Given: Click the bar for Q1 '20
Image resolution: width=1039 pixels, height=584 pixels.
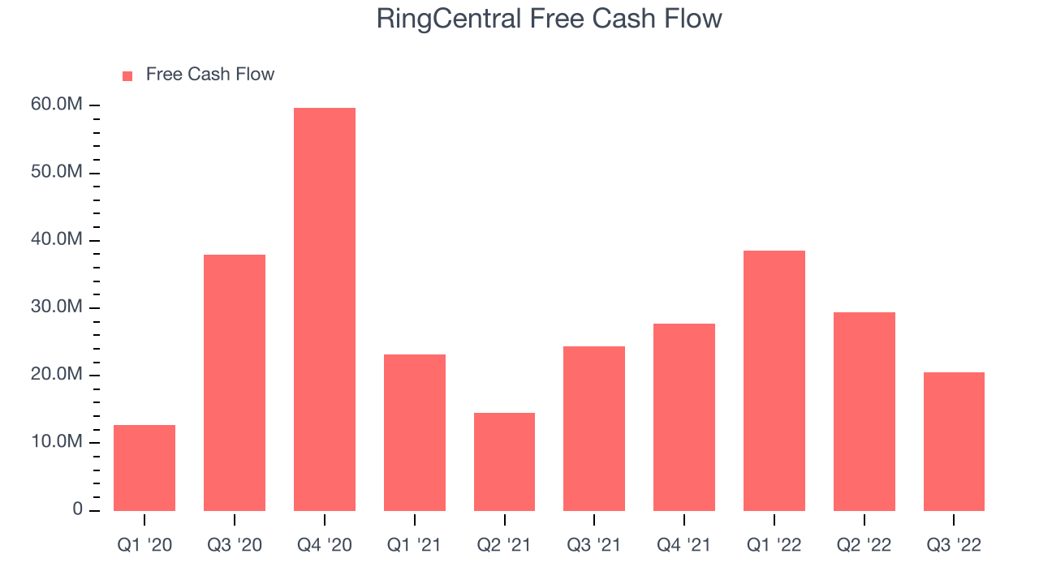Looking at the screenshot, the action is [144, 468].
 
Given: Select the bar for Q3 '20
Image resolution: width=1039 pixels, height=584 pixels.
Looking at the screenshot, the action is [235, 383].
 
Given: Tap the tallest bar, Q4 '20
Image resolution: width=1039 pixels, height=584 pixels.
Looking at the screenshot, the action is [325, 309].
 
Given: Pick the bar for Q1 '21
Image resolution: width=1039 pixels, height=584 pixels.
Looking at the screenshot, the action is [415, 432].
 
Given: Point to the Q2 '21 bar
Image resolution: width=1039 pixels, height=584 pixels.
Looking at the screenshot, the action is [504, 462].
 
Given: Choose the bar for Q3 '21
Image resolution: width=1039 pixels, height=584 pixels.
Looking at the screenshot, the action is [594, 429].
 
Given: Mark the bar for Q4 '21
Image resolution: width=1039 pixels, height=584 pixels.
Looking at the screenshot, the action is [684, 417].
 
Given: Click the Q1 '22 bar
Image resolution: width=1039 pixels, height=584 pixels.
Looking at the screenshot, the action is [774, 380].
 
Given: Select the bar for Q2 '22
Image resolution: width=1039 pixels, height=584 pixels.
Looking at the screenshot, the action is [864, 411].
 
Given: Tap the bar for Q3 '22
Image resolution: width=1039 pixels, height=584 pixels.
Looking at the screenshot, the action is [954, 442].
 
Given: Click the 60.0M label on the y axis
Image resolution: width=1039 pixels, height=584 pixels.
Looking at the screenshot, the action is [57, 105].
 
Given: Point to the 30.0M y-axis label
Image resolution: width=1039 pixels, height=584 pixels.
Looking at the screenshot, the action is [57, 307].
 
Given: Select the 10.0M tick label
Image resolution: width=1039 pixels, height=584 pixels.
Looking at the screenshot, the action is [57, 442].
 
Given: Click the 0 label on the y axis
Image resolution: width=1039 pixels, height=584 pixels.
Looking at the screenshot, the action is [77, 509].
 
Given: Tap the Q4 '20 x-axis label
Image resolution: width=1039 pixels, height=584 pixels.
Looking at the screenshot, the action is [325, 545].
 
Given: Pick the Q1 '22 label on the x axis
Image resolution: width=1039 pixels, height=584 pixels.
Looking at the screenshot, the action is [774, 545].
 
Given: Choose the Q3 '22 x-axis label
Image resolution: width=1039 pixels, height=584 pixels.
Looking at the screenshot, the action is [954, 545].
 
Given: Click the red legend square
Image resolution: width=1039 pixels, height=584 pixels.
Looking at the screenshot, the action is [127, 76].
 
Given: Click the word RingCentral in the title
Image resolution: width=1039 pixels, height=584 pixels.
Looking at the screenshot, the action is [449, 19].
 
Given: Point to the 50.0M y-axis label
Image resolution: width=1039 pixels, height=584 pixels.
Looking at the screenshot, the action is [57, 172].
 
